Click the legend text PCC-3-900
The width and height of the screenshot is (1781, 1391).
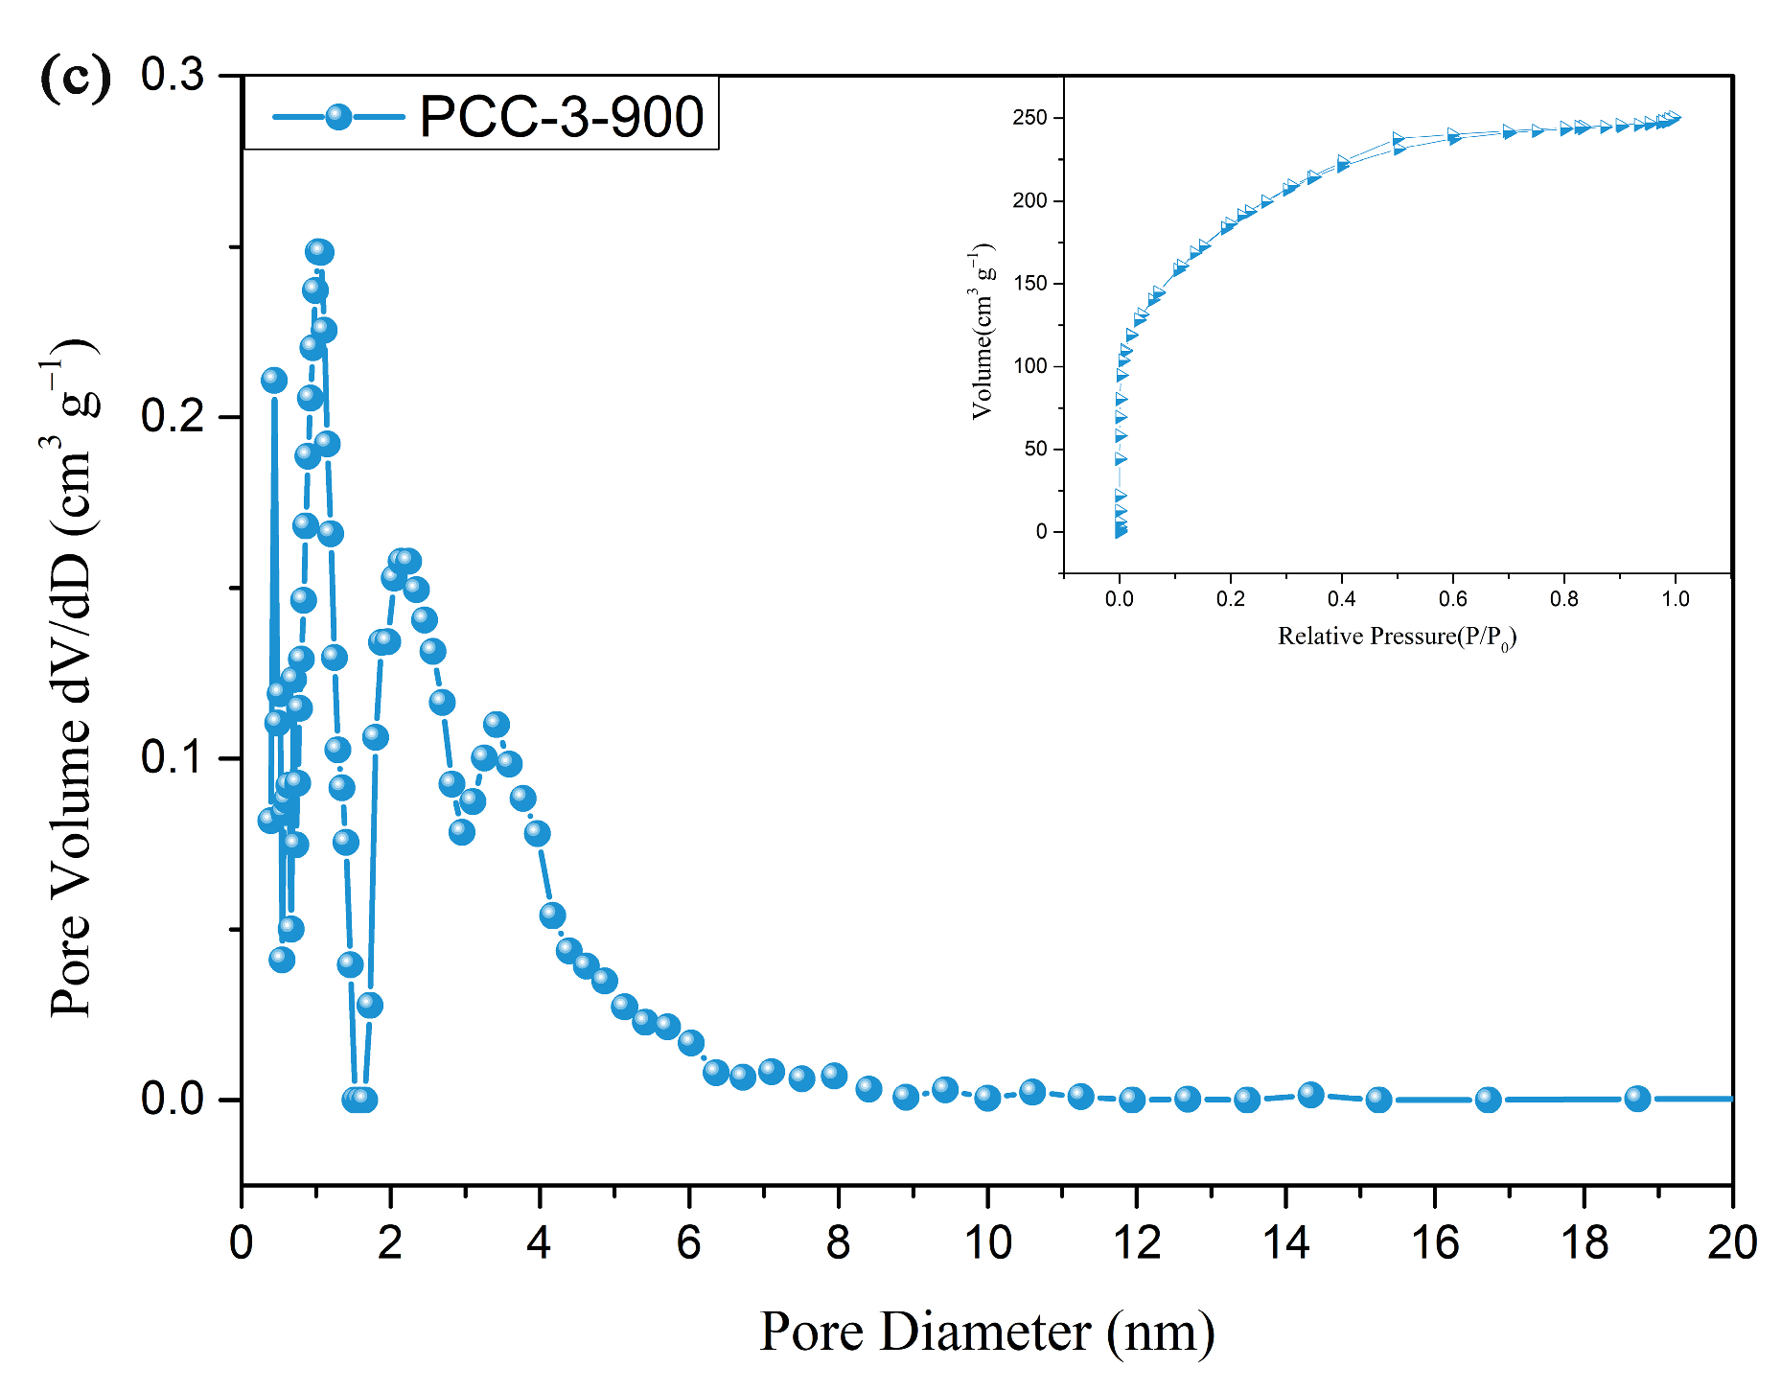click(x=561, y=117)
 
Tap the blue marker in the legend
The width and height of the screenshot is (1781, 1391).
click(x=337, y=117)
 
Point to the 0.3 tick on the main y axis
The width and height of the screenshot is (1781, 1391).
click(x=173, y=75)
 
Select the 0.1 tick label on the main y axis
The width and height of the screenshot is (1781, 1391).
click(x=173, y=757)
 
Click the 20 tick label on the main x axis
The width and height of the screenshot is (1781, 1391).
click(x=1731, y=1243)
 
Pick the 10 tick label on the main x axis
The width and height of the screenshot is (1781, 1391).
click(x=987, y=1243)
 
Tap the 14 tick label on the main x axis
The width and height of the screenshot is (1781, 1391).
click(x=1285, y=1243)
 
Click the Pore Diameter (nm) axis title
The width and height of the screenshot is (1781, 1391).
click(x=987, y=1332)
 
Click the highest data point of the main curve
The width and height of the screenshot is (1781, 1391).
click(x=319, y=251)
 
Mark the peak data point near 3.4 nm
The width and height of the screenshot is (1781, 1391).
click(x=496, y=724)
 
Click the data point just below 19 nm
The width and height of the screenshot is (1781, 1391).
click(x=1637, y=1099)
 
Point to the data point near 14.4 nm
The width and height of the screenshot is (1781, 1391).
click(x=1310, y=1094)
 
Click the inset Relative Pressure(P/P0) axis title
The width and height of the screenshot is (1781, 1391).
click(x=1397, y=637)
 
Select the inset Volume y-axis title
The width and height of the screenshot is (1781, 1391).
click(x=983, y=331)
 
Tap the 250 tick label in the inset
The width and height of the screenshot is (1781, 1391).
click(x=1029, y=118)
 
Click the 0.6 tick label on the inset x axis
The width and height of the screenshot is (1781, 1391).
click(x=1452, y=599)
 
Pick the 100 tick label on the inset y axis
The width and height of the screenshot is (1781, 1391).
click(x=1029, y=366)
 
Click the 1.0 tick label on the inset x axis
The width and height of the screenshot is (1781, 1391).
click(x=1675, y=599)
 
